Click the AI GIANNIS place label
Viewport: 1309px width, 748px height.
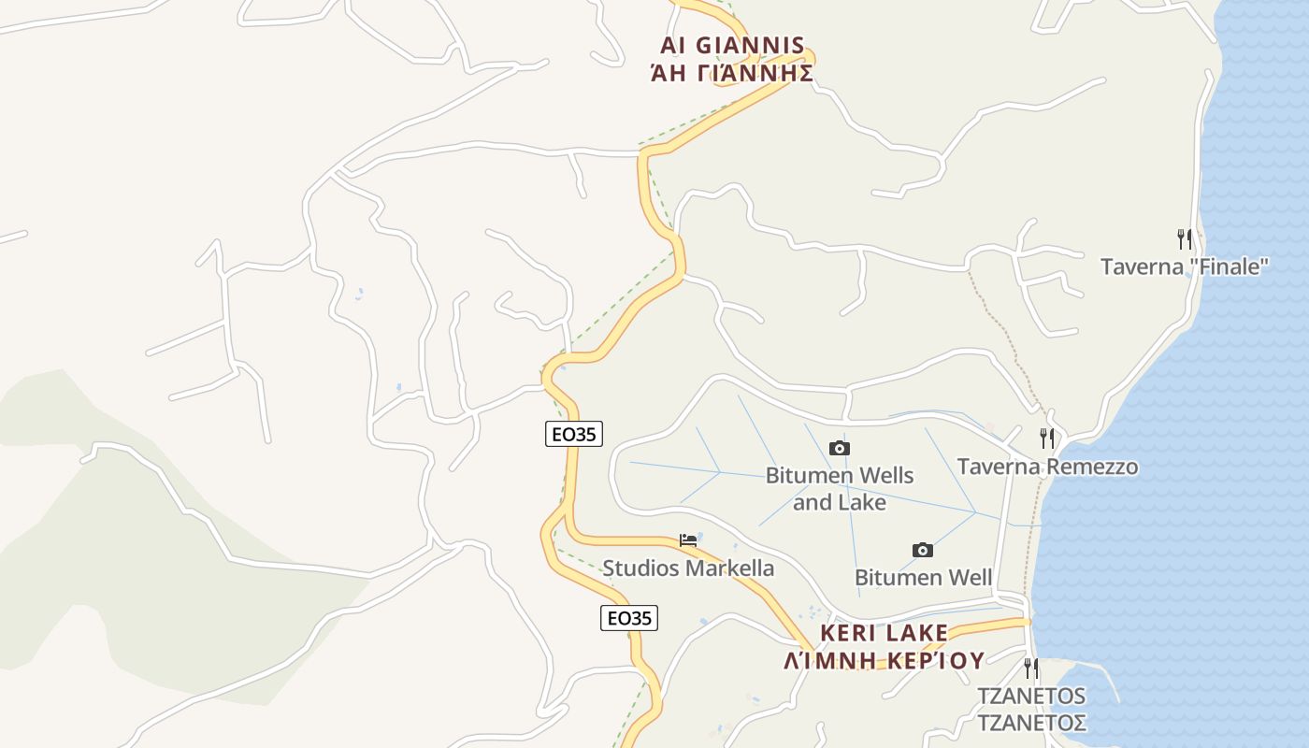click(732, 45)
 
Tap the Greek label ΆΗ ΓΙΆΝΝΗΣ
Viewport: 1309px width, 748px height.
click(732, 73)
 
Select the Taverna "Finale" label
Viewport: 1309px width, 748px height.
click(1184, 266)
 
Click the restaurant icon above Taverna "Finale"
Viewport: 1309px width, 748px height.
click(1185, 239)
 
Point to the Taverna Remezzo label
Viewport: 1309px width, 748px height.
click(1047, 466)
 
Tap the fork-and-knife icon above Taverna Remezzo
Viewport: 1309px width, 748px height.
click(1047, 438)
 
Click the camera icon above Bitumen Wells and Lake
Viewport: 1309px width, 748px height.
click(840, 449)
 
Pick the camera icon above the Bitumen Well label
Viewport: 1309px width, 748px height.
click(922, 550)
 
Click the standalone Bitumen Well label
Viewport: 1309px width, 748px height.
click(923, 577)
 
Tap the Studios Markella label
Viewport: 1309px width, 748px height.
click(688, 568)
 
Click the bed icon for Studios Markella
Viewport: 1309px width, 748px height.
click(688, 540)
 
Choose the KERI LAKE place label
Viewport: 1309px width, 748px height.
click(884, 633)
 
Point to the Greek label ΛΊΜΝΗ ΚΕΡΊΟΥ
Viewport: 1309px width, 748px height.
click(884, 660)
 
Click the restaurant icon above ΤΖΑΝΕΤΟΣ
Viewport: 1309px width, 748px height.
click(1030, 668)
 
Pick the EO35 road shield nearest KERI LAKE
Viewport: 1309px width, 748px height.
click(628, 617)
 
